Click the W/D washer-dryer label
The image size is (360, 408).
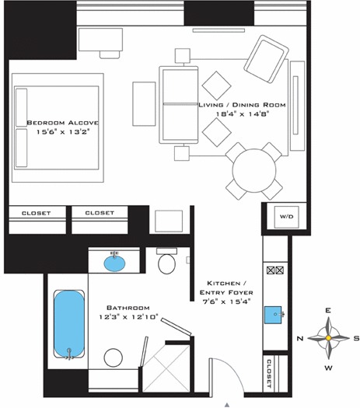[287, 217]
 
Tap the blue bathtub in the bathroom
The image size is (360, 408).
[69, 324]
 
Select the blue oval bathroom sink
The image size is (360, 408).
[114, 263]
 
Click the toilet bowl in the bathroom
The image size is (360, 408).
[166, 263]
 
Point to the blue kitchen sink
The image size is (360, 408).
[273, 315]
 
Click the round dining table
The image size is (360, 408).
[254, 170]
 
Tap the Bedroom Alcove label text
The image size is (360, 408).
[63, 123]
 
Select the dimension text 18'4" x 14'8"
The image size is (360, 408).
[242, 114]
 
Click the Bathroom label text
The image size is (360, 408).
[128, 308]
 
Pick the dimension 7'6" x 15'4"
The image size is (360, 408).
[226, 302]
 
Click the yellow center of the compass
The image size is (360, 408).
[328, 338]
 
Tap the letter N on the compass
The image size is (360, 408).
[300, 339]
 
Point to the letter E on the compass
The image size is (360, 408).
[328, 310]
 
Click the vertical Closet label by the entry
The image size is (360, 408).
[269, 373]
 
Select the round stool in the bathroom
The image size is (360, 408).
[114, 357]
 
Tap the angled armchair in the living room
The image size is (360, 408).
[266, 59]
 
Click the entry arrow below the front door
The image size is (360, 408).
[228, 405]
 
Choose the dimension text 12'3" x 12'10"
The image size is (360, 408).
[128, 317]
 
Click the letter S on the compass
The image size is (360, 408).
[356, 339]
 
